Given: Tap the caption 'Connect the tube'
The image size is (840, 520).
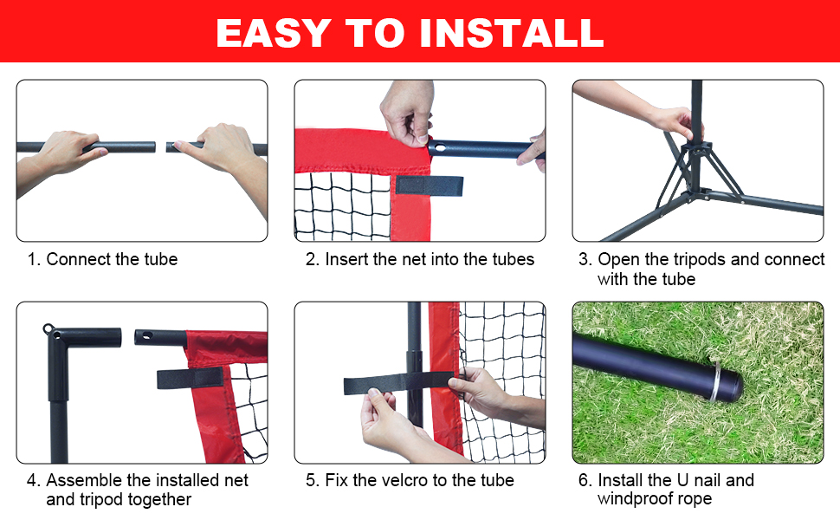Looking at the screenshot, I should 112,259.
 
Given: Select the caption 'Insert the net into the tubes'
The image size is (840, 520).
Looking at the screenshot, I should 430,259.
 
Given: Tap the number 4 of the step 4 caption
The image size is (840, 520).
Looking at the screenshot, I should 32,480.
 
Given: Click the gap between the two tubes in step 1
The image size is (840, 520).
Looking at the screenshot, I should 161,147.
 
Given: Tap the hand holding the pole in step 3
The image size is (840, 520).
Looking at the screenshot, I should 671,121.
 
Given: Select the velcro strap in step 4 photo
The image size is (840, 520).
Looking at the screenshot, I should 190,378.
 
